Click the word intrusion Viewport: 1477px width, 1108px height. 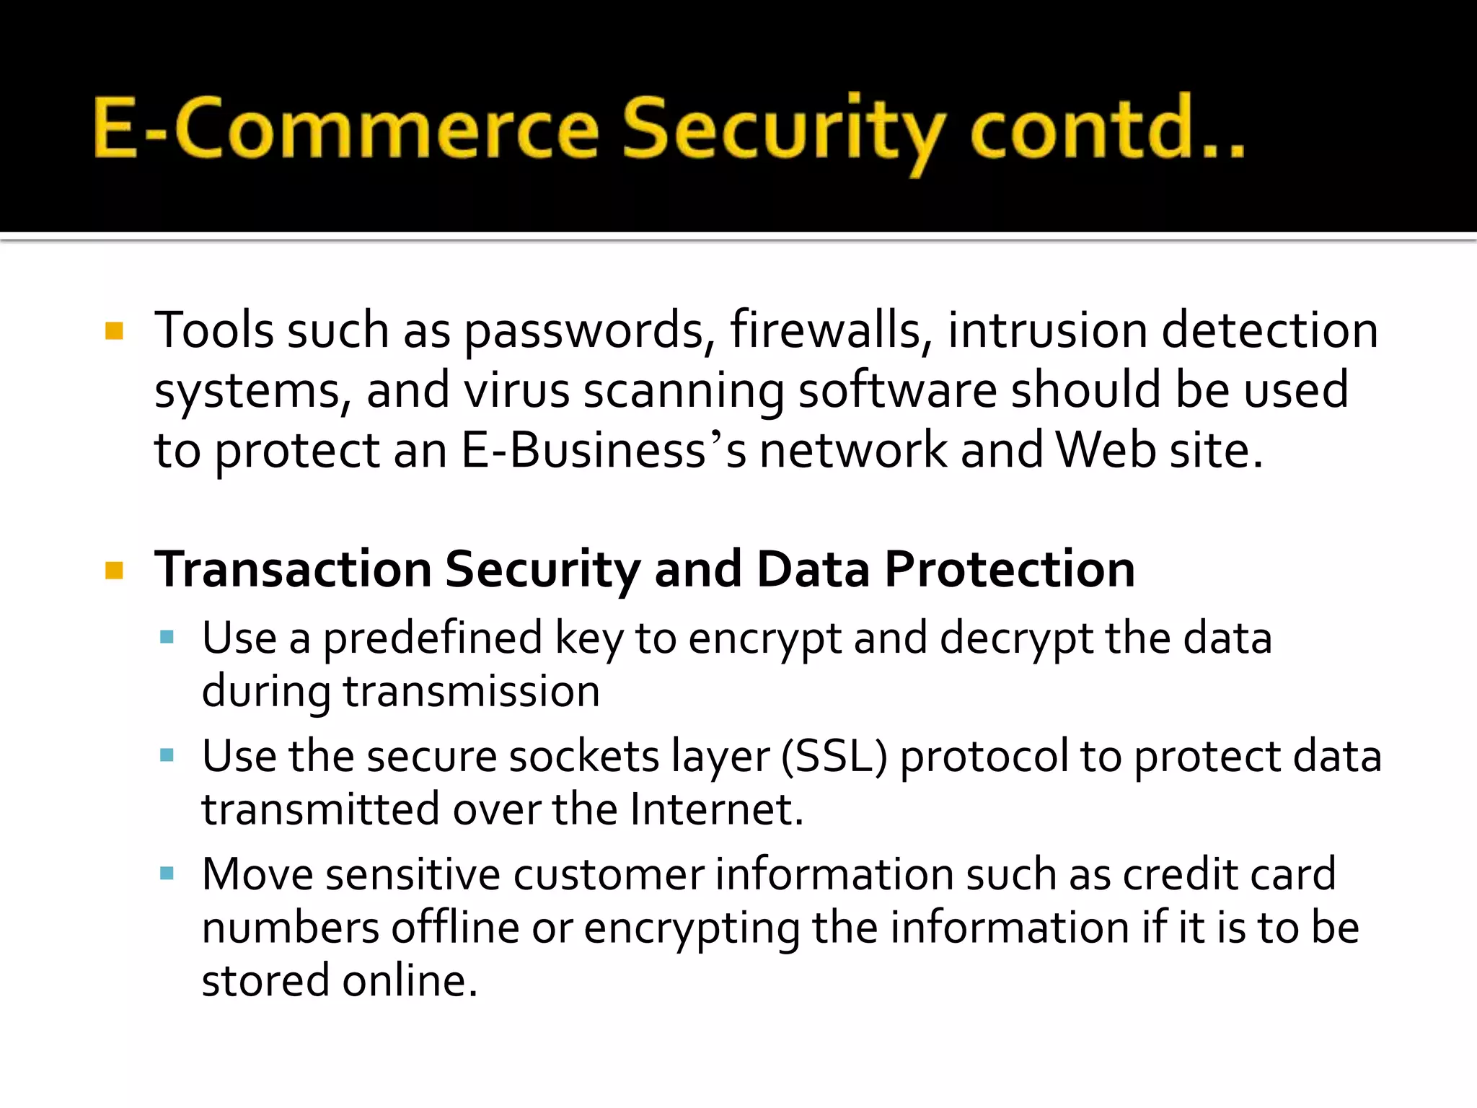coord(1047,330)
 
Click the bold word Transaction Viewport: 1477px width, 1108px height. coord(292,570)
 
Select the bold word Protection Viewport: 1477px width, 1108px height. coord(1010,570)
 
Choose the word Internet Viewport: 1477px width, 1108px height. coord(715,809)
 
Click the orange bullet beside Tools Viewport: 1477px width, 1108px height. coord(114,331)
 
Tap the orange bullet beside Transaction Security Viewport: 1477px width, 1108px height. coord(114,571)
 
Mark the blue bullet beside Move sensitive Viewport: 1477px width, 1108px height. coord(167,874)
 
